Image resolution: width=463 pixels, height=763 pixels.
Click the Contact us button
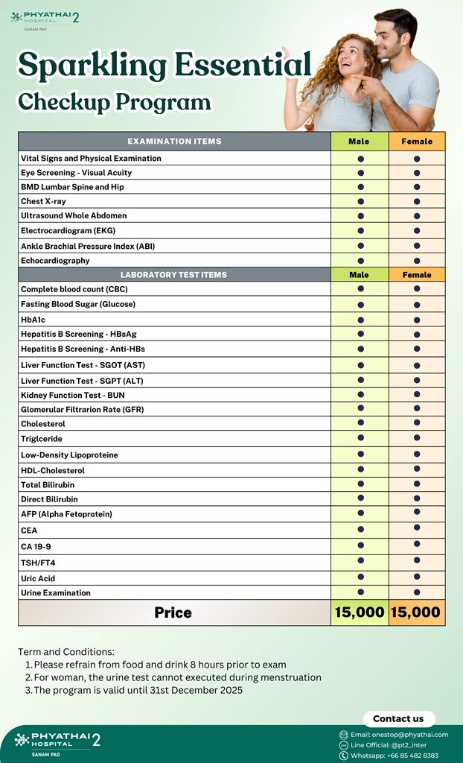coord(398,718)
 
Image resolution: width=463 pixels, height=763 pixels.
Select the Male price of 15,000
coord(360,612)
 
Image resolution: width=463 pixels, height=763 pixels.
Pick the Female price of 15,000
coord(416,612)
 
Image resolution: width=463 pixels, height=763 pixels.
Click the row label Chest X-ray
coord(43,201)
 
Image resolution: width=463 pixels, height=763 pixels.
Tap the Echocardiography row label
coord(55,260)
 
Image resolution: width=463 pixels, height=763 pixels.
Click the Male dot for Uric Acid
coord(360,577)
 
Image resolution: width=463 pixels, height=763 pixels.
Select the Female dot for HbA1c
coord(417,319)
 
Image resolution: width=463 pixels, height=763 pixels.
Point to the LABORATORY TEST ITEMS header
coord(173,275)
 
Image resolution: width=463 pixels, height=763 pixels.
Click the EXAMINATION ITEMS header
coord(174,141)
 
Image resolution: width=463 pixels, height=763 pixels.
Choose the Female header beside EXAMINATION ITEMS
coord(417,141)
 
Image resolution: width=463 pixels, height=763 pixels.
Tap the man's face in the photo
coord(395,37)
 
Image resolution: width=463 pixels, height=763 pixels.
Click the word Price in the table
coord(173,612)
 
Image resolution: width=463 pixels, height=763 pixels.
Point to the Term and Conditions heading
coord(66,651)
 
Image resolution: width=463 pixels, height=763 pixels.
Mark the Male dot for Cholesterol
coord(360,423)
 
